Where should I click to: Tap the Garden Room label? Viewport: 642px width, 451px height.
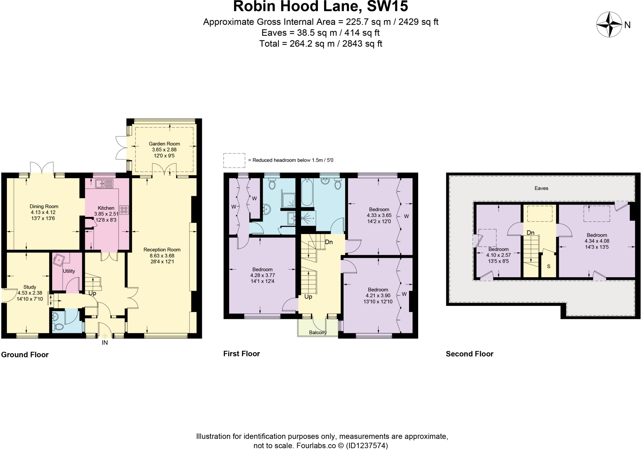pyautogui.click(x=164, y=144)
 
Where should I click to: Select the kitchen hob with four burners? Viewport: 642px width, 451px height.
pyautogui.click(x=124, y=210)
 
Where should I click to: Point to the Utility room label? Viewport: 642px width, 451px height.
pyautogui.click(x=69, y=271)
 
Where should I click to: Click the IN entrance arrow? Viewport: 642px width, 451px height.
pyautogui.click(x=105, y=337)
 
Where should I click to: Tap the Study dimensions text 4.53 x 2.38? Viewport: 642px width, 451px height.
pyautogui.click(x=30, y=293)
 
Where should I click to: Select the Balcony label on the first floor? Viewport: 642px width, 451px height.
pyautogui.click(x=318, y=333)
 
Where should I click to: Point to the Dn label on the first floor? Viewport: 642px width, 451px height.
pyautogui.click(x=329, y=242)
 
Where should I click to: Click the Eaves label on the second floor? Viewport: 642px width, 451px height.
pyautogui.click(x=541, y=188)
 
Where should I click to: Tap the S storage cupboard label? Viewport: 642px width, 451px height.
pyautogui.click(x=549, y=267)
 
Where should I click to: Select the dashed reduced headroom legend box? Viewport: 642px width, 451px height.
pyautogui.click(x=234, y=160)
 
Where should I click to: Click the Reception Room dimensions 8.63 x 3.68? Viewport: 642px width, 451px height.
pyautogui.click(x=162, y=256)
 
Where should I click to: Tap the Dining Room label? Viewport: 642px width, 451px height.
pyautogui.click(x=44, y=206)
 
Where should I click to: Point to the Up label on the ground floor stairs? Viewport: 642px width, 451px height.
pyautogui.click(x=92, y=293)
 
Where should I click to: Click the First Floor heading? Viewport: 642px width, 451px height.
pyautogui.click(x=241, y=354)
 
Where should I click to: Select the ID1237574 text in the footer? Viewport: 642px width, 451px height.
pyautogui.click(x=366, y=445)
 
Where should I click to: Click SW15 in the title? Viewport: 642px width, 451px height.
pyautogui.click(x=387, y=6)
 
